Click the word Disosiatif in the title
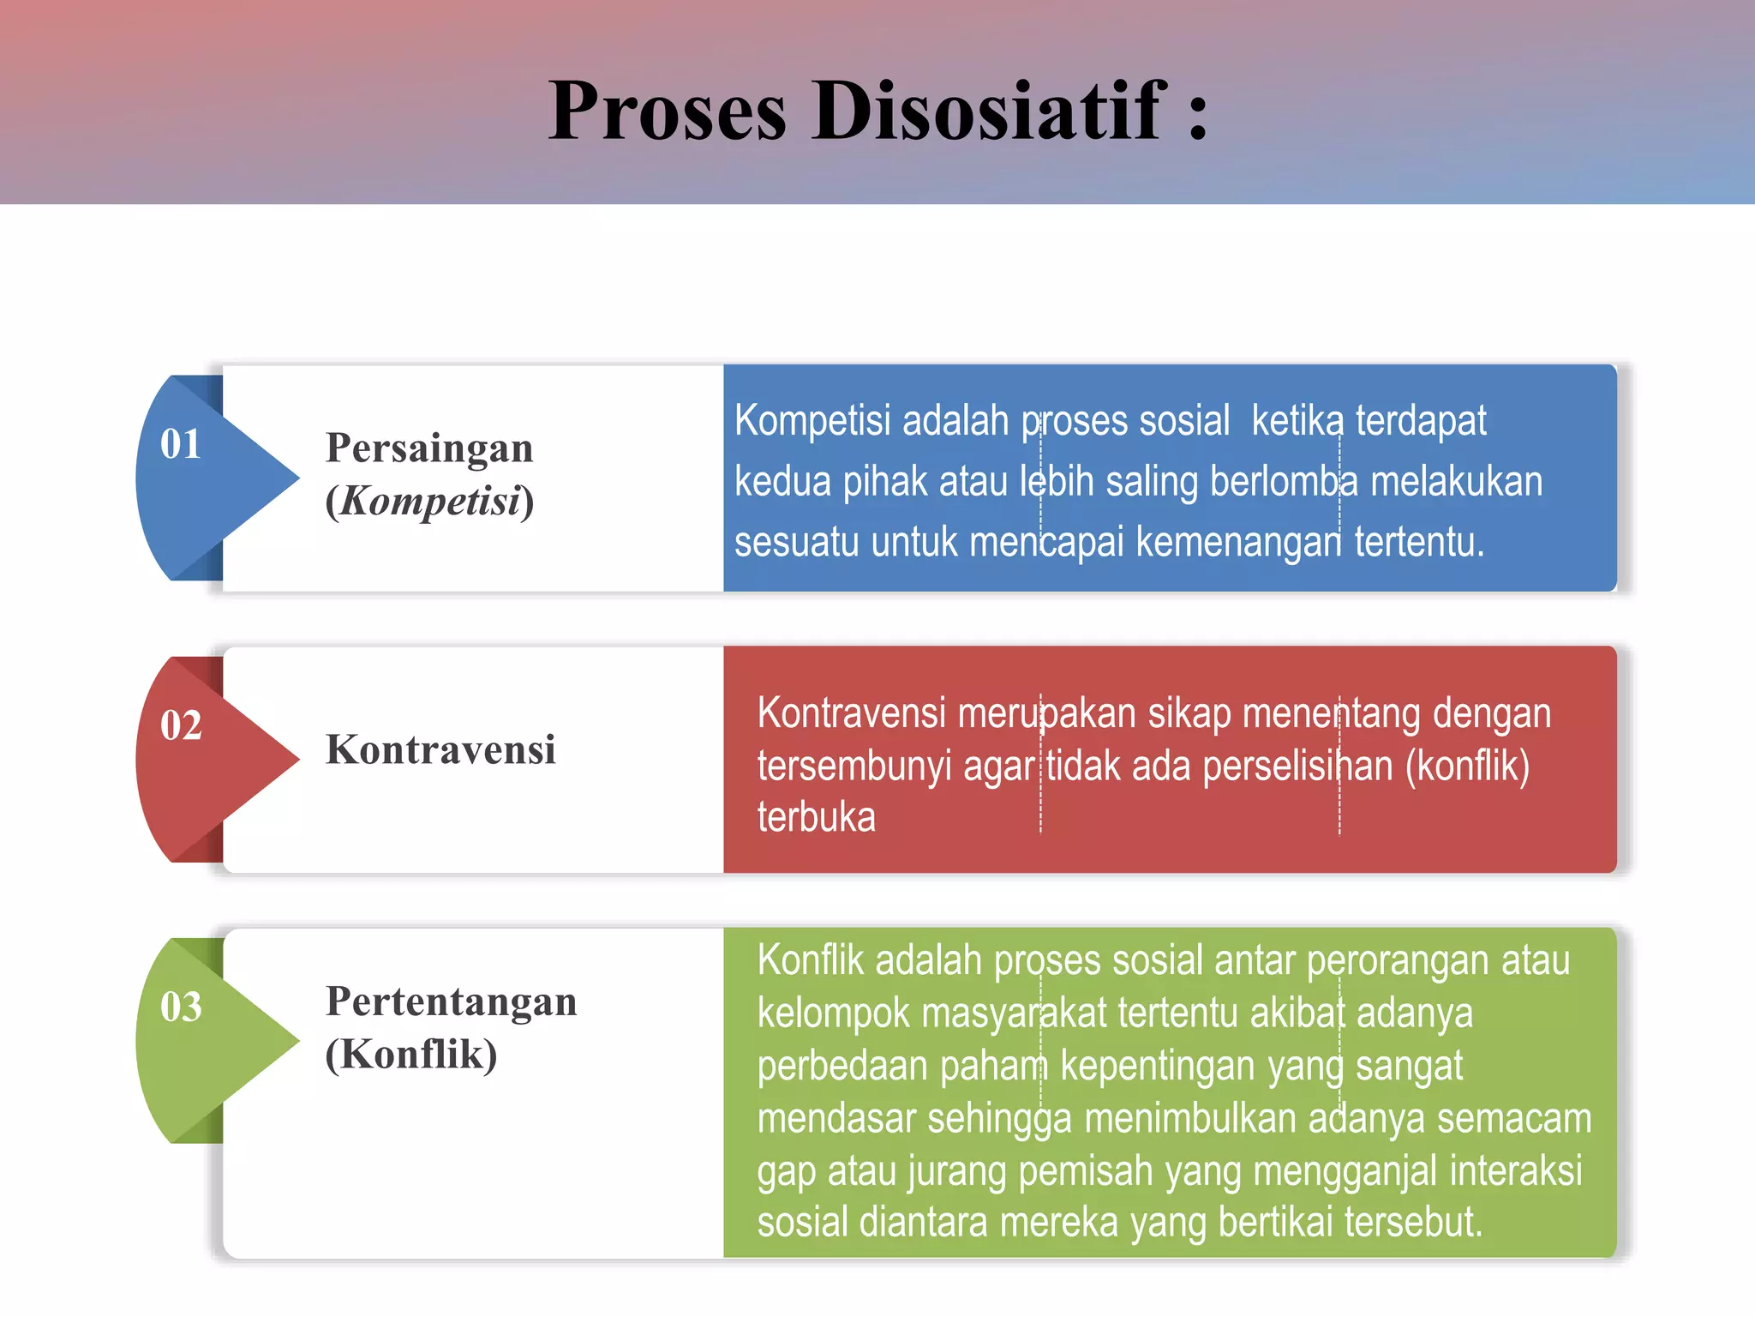click(x=990, y=111)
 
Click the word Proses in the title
click(x=668, y=112)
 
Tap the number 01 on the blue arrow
click(x=181, y=444)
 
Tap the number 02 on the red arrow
click(x=181, y=725)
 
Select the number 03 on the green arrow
click(x=181, y=1007)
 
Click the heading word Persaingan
click(x=429, y=448)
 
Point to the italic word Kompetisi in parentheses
click(x=430, y=502)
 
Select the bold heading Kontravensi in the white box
click(x=440, y=750)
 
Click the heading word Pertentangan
click(x=451, y=1001)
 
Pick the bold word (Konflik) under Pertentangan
click(x=411, y=1055)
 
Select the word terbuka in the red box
click(x=816, y=818)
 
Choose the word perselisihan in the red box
click(x=1297, y=766)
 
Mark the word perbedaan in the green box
click(x=842, y=1067)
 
